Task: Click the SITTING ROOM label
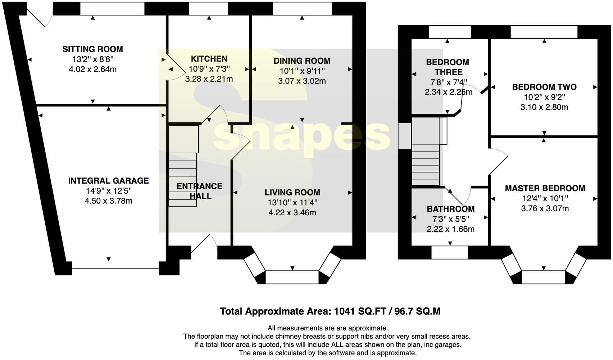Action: point(92,49)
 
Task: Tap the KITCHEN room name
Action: point(209,59)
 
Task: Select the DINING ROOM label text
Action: point(302,61)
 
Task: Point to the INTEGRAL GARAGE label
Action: point(108,181)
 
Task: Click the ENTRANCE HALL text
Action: point(200,191)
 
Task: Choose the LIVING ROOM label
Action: point(292,193)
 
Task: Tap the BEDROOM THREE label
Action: point(447,67)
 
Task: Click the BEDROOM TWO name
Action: point(544,87)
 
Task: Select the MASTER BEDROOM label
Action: point(545,188)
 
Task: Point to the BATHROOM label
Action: point(450,209)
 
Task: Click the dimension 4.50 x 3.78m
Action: point(108,201)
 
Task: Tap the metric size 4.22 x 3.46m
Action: point(292,213)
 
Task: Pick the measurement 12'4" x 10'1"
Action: point(545,198)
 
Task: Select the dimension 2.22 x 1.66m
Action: point(450,229)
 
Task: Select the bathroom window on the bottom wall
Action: point(449,252)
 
